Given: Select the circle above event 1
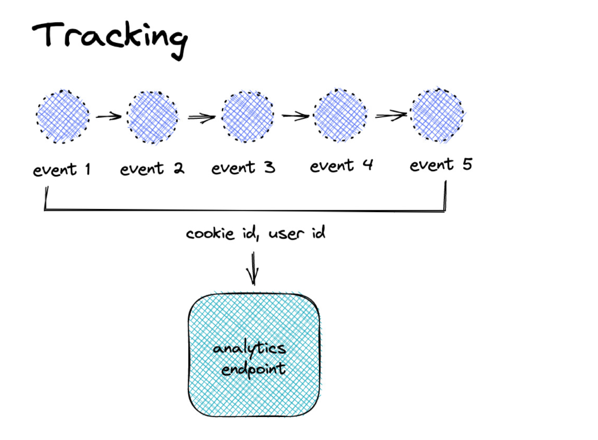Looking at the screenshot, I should point(63,116).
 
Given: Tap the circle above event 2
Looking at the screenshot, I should point(153,117).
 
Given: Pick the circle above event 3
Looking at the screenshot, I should point(247,116).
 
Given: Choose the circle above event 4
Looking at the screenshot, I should point(340,115).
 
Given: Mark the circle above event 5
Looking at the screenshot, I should point(437,115).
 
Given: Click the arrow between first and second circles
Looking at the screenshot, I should point(108,117).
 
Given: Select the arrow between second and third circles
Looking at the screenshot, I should point(201,117).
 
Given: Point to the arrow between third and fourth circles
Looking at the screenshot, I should point(295,116).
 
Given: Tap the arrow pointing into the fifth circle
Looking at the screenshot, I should point(391,115).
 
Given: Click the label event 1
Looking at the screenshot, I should point(61,169).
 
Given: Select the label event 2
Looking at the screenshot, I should point(152,168).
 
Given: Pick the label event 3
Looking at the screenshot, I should point(243,167).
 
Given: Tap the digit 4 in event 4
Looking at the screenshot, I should point(368,164).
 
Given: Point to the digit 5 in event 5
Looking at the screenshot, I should point(467,164).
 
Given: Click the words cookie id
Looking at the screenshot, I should point(221,233).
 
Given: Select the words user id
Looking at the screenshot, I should point(297,233).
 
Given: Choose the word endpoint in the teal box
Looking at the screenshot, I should point(253,369).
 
